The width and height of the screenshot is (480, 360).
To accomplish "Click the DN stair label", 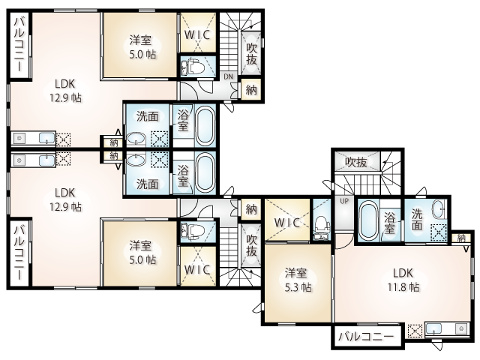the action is pyautogui.click(x=228, y=76).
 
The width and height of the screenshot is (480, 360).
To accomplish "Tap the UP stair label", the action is pyautogui.click(x=344, y=202).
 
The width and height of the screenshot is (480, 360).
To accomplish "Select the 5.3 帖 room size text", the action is pyautogui.click(x=298, y=287).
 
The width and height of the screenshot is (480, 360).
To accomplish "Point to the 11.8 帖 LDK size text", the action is pyautogui.click(x=403, y=287).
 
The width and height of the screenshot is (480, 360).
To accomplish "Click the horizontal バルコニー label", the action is pyautogui.click(x=366, y=337).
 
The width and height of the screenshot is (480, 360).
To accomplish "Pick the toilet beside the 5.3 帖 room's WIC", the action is pyautogui.click(x=322, y=225).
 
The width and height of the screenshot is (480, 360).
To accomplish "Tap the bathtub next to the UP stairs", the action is pyautogui.click(x=368, y=221).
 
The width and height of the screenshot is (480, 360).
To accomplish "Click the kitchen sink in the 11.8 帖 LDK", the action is pyautogui.click(x=433, y=329).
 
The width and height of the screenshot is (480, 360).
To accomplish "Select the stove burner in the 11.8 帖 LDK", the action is pyautogui.click(x=460, y=328).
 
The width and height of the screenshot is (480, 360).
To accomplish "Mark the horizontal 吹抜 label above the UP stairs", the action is pyautogui.click(x=356, y=162).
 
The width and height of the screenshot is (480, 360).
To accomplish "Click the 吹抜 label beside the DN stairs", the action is pyautogui.click(x=251, y=54).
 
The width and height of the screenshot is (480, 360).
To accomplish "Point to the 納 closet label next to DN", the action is pyautogui.click(x=251, y=90).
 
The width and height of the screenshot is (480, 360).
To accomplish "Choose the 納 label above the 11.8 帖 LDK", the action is pyautogui.click(x=461, y=238).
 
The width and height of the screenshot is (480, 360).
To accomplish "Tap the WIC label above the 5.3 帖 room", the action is pyautogui.click(x=286, y=223).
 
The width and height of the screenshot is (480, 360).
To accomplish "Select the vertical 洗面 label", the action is pyautogui.click(x=417, y=219).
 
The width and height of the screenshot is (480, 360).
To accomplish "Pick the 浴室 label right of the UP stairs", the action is pyautogui.click(x=389, y=223).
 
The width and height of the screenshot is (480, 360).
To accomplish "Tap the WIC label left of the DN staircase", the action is pyautogui.click(x=197, y=34).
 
